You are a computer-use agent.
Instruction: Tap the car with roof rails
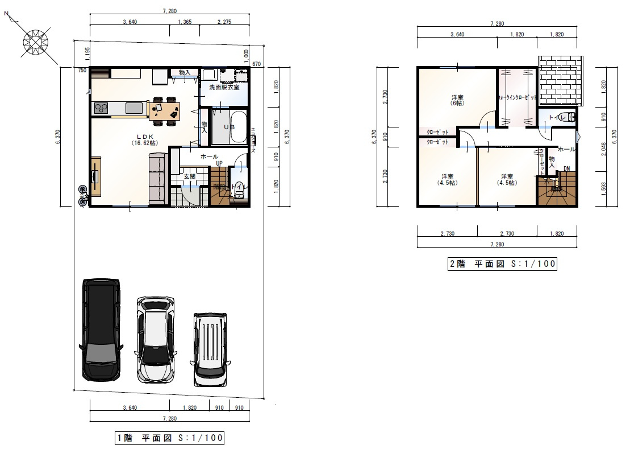pos(210,349)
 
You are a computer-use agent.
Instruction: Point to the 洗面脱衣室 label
pos(224,87)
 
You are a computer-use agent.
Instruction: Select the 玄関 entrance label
pos(189,176)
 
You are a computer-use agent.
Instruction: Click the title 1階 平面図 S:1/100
pos(169,438)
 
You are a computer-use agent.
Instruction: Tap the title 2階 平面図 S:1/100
pos(502,263)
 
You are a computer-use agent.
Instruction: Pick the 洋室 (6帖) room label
pos(457,100)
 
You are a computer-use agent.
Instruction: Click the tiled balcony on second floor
pos(561,81)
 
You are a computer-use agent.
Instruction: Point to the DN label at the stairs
pos(566,168)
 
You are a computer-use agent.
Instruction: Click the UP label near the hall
pos(218,163)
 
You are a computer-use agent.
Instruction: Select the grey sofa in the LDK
pos(157,179)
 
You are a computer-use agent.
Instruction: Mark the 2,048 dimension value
pos(603,150)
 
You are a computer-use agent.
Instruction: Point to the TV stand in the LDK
pos(94,176)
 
